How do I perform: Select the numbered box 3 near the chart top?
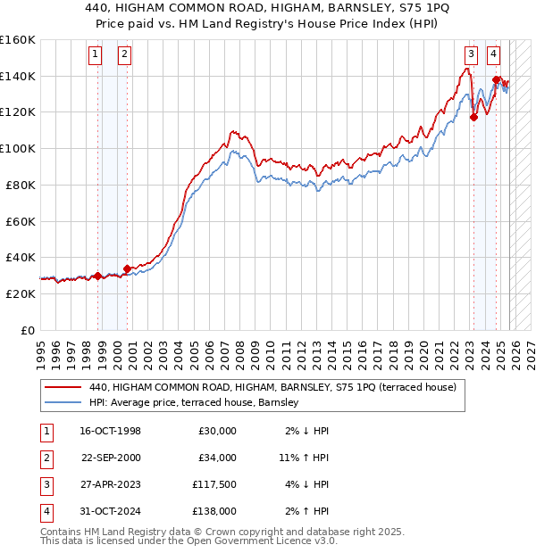(470, 54)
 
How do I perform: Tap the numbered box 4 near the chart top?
(493, 54)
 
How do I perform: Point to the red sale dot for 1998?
(97, 276)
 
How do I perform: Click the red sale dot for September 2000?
(127, 268)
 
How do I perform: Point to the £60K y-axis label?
(20, 221)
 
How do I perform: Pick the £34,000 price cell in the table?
(217, 458)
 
